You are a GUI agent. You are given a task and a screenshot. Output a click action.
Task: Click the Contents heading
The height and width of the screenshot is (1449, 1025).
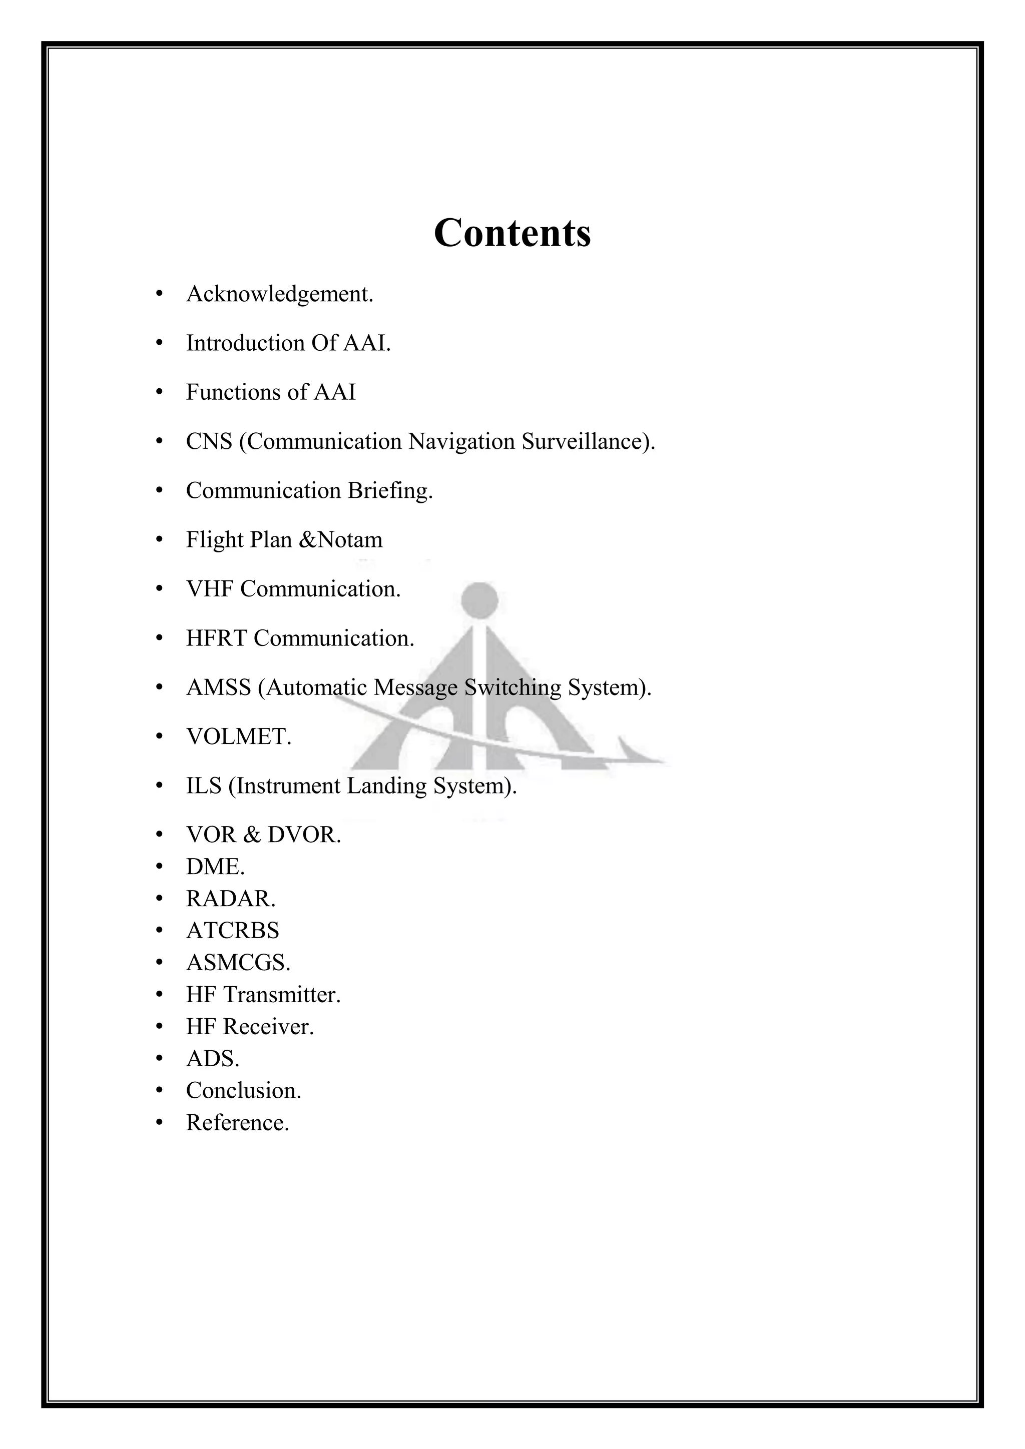(x=512, y=233)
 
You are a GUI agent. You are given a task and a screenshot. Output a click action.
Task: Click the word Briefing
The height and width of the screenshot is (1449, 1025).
(x=390, y=490)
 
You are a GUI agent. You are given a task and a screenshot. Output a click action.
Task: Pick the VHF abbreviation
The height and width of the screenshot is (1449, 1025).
(x=210, y=589)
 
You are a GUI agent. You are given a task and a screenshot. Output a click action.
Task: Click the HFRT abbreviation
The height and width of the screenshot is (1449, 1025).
(x=216, y=638)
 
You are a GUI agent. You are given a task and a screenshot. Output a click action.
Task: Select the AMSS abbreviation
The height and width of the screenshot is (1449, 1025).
(x=218, y=687)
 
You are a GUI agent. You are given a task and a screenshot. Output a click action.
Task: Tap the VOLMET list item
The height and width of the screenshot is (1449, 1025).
(x=239, y=737)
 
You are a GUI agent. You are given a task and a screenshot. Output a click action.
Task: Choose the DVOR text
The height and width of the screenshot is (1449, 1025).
(x=304, y=835)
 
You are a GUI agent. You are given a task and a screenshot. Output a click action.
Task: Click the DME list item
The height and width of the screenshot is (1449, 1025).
(x=215, y=867)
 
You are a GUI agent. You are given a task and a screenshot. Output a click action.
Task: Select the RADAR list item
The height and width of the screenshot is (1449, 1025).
(x=230, y=899)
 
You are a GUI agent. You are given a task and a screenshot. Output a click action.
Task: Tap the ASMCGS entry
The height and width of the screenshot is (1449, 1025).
(x=238, y=963)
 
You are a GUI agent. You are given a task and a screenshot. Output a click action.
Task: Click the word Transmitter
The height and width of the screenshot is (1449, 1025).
(x=282, y=995)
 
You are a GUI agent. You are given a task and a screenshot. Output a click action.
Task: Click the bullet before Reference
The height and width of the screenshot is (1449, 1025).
(x=160, y=1123)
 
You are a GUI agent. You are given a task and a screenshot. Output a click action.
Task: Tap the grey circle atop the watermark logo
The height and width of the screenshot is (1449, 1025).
(x=479, y=599)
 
